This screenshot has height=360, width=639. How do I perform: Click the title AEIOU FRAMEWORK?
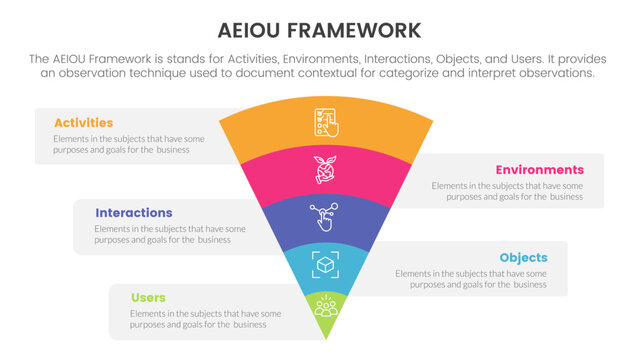(319, 28)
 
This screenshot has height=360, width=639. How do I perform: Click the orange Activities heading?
(83, 123)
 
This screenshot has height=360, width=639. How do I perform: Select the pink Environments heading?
(539, 170)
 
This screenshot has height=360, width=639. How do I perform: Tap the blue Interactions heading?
(134, 213)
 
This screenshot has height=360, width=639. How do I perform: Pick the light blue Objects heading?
(524, 257)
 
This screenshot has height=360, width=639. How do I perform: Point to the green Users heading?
(148, 298)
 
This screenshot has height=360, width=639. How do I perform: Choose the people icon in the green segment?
(326, 305)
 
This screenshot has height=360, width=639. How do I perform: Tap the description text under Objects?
(470, 278)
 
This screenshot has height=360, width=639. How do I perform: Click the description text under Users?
(205, 319)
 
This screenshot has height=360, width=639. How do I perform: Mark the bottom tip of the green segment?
(326, 336)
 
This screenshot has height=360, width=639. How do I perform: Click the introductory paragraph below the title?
(319, 66)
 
